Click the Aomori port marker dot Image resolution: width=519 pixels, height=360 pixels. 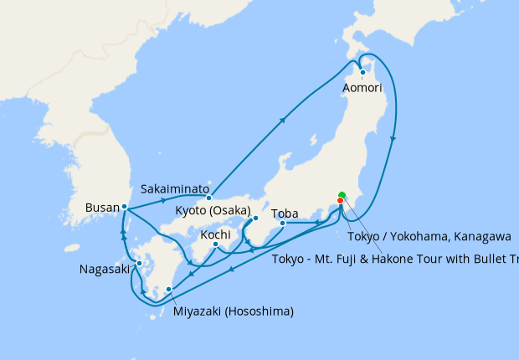click(362, 72)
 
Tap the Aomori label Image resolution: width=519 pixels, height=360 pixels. click(362, 87)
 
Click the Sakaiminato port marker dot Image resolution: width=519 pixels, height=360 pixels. click(209, 198)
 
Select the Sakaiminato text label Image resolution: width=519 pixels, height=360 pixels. click(177, 188)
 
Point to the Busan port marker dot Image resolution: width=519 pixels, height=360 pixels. click(124, 206)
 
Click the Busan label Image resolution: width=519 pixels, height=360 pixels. click(102, 206)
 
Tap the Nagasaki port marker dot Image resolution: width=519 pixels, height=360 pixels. click(139, 263)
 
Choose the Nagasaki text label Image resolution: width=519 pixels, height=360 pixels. click(105, 270)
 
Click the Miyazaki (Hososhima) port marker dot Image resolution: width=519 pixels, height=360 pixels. click(169, 290)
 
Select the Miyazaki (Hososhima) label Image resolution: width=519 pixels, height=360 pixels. click(234, 312)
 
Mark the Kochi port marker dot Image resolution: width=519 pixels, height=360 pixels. click(215, 244)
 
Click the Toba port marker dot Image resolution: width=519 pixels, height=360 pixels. click(283, 223)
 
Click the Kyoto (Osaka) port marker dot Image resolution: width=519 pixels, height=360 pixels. click(255, 219)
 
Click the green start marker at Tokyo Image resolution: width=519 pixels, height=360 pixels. click(342, 195)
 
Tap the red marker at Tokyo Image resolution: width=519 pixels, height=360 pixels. click(340, 200)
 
